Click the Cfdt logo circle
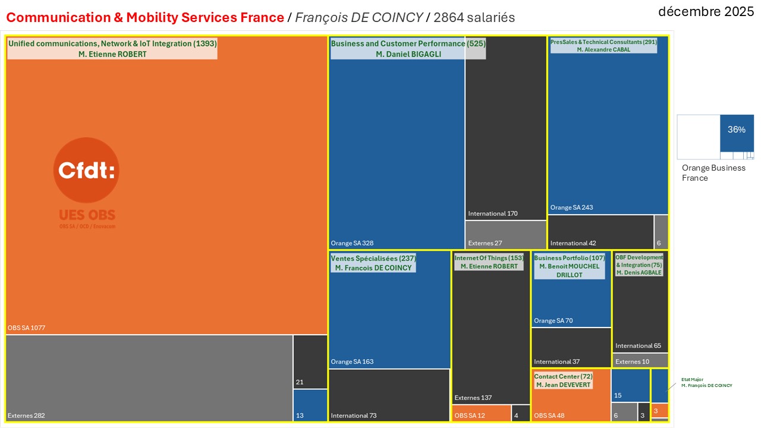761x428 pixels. pyautogui.click(x=87, y=171)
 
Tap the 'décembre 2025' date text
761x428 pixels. pyautogui.click(x=706, y=11)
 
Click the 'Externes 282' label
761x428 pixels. pyautogui.click(x=26, y=416)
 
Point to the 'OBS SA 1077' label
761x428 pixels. pyautogui.click(x=27, y=328)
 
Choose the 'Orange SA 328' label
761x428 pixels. pyautogui.click(x=352, y=243)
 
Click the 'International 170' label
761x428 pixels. pyautogui.click(x=493, y=213)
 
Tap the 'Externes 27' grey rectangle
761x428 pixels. pyautogui.click(x=505, y=235)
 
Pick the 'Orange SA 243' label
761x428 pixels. pyautogui.click(x=571, y=207)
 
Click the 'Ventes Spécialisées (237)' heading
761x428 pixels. pyautogui.click(x=373, y=259)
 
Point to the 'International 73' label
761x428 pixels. pyautogui.click(x=354, y=416)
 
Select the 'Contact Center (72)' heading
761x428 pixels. pyautogui.click(x=563, y=377)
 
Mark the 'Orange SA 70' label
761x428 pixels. pyautogui.click(x=554, y=321)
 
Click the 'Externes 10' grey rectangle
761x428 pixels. pyautogui.click(x=640, y=361)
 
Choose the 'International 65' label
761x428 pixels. pyautogui.click(x=638, y=345)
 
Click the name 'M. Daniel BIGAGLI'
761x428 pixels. pyautogui.click(x=408, y=54)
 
